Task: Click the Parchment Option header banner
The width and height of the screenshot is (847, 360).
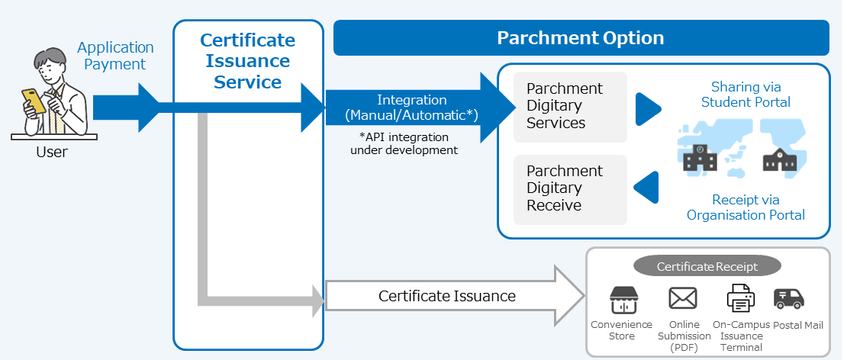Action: [581, 38]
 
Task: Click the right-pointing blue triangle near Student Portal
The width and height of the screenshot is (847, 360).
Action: [647, 108]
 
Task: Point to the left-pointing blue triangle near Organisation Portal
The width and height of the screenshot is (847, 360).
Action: [647, 188]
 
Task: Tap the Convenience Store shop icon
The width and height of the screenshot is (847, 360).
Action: [622, 300]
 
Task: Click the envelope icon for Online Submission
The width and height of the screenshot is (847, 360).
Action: [683, 298]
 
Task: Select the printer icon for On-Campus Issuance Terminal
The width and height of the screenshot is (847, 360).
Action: [740, 298]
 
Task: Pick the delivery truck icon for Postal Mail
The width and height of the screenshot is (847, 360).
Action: [788, 298]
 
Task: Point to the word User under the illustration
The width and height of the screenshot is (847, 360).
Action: [52, 153]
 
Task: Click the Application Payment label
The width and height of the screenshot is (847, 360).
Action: [115, 56]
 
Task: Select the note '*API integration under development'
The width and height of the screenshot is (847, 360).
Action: [404, 143]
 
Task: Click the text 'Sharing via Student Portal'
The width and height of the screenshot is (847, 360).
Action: [746, 95]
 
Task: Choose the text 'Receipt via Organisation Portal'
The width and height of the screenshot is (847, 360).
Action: [746, 207]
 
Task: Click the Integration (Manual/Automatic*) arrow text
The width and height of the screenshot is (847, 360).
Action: [411, 108]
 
